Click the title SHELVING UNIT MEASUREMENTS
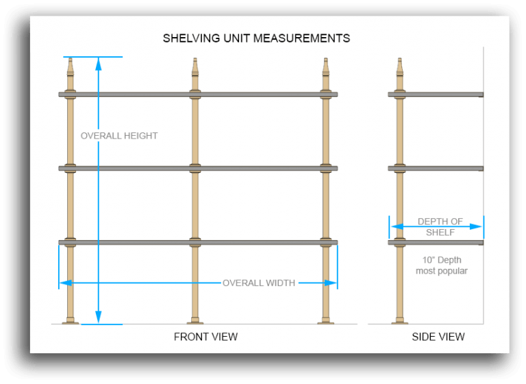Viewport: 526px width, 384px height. click(x=256, y=38)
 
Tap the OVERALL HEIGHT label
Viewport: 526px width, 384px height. click(x=119, y=136)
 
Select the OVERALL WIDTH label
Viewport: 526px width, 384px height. click(x=259, y=283)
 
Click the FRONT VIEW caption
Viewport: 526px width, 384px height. click(x=205, y=337)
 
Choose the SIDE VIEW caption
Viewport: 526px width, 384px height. click(x=438, y=337)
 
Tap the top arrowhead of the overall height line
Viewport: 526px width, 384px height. click(x=99, y=64)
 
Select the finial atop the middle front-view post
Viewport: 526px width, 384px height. click(x=195, y=68)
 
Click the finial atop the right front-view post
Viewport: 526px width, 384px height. click(x=326, y=68)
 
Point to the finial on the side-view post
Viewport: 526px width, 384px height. click(x=400, y=68)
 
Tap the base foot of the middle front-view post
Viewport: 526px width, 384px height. click(x=195, y=321)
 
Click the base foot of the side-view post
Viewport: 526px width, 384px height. click(x=400, y=321)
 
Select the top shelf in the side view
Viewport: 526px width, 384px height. click(x=436, y=94)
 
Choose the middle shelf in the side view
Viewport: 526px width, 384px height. click(x=436, y=168)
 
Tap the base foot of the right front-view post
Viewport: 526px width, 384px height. click(x=326, y=321)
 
